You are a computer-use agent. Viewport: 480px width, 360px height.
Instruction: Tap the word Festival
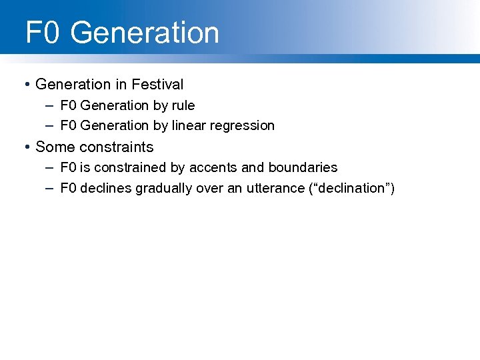(x=157, y=85)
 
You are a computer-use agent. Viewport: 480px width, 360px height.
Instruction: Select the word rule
(x=183, y=105)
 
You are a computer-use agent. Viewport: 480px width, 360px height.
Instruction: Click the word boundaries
(x=303, y=167)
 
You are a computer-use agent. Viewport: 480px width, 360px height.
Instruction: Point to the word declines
(x=106, y=188)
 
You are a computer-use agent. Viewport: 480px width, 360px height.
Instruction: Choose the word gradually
(x=164, y=188)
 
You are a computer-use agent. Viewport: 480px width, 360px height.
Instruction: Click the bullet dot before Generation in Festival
(x=26, y=85)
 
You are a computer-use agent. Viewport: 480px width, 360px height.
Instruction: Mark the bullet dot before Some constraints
(x=26, y=147)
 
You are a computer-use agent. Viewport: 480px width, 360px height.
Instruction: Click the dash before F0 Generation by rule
(x=50, y=105)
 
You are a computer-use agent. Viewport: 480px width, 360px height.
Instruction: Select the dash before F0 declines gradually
(x=50, y=188)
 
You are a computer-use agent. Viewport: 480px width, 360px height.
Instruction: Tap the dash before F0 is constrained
(x=50, y=167)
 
